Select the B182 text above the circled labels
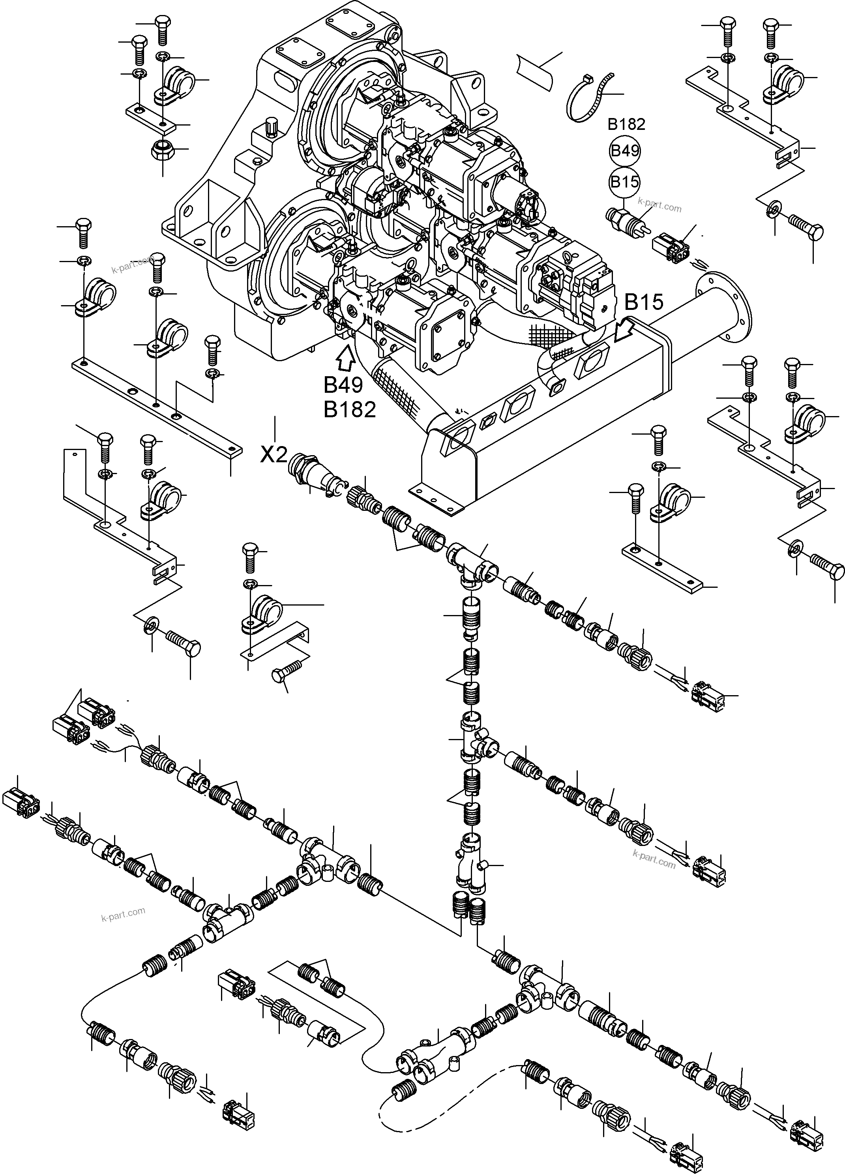coord(626,124)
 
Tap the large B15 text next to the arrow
coord(644,302)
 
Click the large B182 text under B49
coord(350,410)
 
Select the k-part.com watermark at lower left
coord(123,915)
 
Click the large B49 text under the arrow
coord(344,385)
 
